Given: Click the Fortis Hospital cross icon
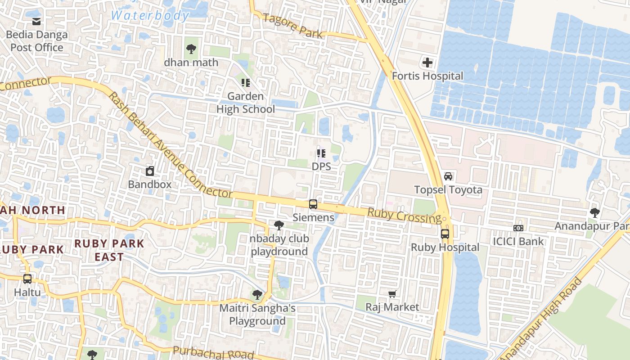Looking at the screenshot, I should pos(427,63).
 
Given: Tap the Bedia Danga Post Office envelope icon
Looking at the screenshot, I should pos(36,21).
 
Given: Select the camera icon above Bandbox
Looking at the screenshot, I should pos(150,171).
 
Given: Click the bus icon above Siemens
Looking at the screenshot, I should pos(313,204).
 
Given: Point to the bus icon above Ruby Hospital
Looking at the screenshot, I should pos(445,234).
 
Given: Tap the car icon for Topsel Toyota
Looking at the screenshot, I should pos(448,176).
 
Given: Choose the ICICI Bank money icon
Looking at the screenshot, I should pos(518,228).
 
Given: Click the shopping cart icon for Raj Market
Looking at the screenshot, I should pos(392,294).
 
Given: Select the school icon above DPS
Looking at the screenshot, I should pos(321,153).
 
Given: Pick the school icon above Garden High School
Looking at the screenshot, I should pos(246,83).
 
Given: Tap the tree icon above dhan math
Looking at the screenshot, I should pos(191,49).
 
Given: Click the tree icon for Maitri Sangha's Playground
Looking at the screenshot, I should pos(257,295).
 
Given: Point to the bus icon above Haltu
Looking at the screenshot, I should pos(27,279).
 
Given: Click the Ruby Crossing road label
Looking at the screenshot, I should pos(404,216).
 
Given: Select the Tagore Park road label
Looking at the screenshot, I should pos(293,26).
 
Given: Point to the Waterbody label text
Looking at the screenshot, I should pos(150,15).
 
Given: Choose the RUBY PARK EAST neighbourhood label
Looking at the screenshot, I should pos(109,250).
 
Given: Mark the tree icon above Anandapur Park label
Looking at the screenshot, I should pos(595,212).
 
